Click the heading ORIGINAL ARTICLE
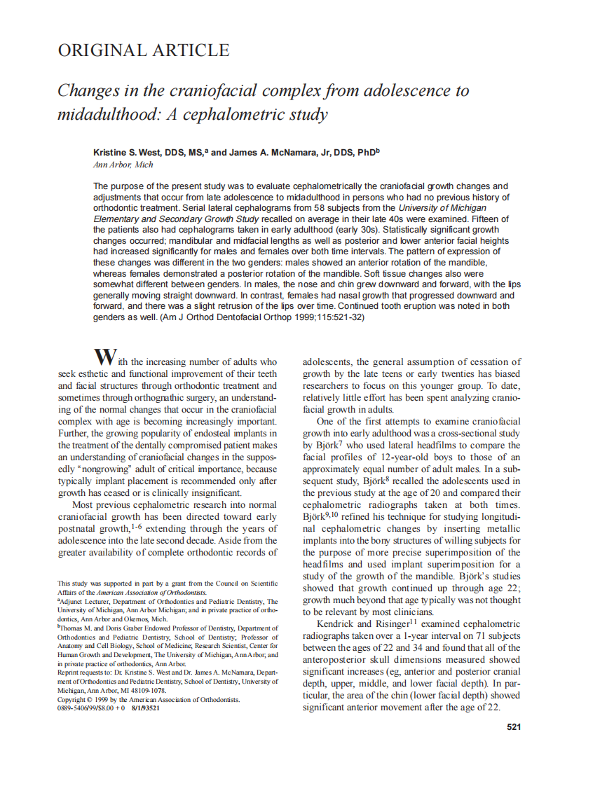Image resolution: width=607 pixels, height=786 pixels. (x=143, y=50)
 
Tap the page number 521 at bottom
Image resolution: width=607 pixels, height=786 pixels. (x=513, y=727)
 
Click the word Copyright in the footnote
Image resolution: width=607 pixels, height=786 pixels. (x=72, y=699)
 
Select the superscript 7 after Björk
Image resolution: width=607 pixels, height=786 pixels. (x=340, y=442)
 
